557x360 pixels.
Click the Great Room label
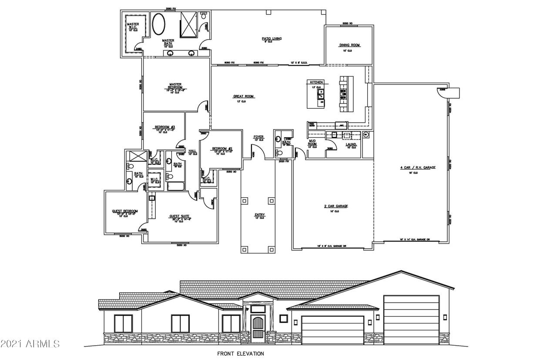point(243,97)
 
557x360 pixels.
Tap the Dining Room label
point(350,45)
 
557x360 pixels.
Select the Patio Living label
point(272,39)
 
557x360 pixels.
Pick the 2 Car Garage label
point(336,206)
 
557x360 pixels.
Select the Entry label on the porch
point(260,215)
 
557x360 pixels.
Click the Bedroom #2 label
point(222,149)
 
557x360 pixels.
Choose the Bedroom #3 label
point(164,127)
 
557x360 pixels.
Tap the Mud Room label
point(312,142)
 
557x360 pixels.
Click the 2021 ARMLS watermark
point(30,344)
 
